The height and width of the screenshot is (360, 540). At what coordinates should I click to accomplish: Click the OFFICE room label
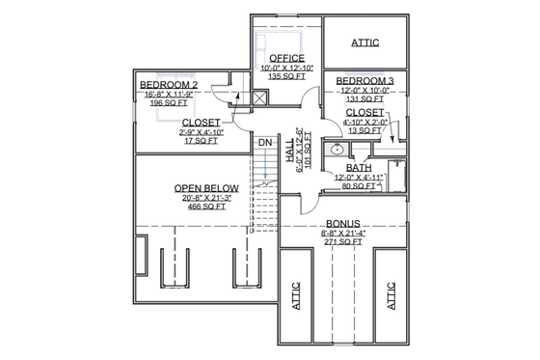pyautogui.click(x=286, y=58)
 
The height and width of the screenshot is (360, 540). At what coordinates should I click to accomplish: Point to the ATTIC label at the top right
pyautogui.click(x=364, y=42)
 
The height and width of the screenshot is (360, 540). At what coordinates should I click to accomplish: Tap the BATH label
pyautogui.click(x=359, y=167)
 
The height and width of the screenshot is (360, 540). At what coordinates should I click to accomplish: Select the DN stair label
pyautogui.click(x=264, y=143)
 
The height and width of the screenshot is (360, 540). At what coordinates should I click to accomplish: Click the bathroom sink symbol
pyautogui.click(x=337, y=151)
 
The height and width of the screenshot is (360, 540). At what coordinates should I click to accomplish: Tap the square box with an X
pyautogui.click(x=258, y=97)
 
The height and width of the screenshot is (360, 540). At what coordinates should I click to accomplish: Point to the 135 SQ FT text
pyautogui.click(x=286, y=78)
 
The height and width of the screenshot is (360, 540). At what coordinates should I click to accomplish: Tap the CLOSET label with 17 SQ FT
pyautogui.click(x=201, y=122)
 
